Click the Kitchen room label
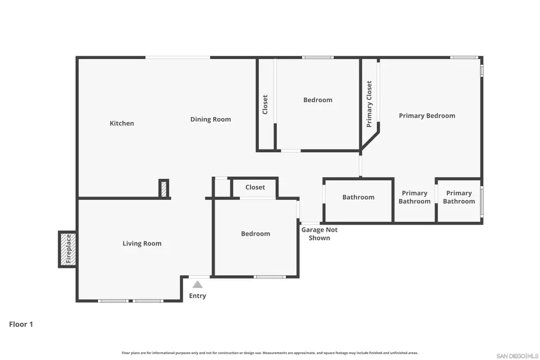point(122,123)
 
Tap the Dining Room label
point(210,120)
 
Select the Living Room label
point(142,244)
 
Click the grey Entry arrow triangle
point(197,285)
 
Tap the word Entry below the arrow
point(197,296)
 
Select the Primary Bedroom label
point(427,116)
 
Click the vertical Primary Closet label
point(369,104)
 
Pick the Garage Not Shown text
point(319,234)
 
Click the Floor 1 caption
point(21,324)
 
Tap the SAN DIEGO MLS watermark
point(517,356)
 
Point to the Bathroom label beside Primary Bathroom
point(358,197)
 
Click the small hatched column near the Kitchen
point(164,189)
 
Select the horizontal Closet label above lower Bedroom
point(255,187)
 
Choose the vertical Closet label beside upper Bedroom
point(265,105)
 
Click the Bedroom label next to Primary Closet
point(317,100)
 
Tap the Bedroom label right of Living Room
point(256,233)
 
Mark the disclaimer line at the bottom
point(269,353)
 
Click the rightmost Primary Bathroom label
point(459,197)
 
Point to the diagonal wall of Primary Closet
point(370,141)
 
